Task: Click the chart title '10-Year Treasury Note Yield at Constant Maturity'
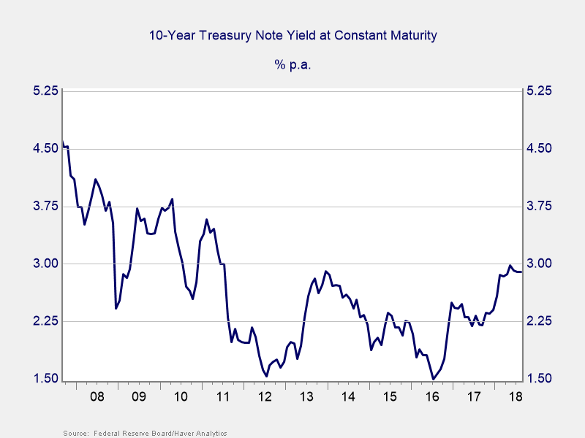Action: click(x=292, y=35)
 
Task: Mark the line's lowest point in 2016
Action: click(x=434, y=379)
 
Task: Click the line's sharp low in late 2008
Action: click(x=116, y=308)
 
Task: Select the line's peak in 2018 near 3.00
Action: click(x=510, y=266)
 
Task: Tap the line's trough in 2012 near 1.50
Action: click(x=266, y=376)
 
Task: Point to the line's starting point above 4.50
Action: click(x=63, y=143)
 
